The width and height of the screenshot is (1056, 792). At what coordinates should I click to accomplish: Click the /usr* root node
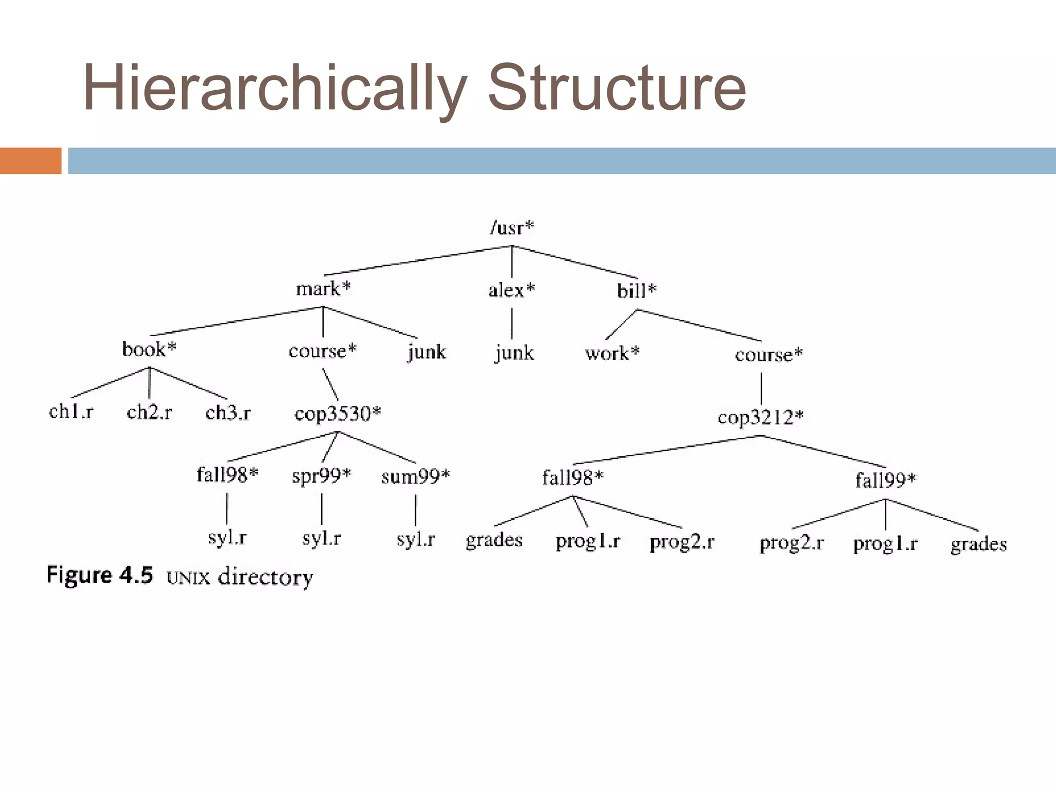coord(512,227)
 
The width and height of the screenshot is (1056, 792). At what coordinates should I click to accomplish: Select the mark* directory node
coord(323,289)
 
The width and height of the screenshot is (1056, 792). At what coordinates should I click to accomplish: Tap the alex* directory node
coord(511,290)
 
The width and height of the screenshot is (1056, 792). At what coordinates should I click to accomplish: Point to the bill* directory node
coord(637,291)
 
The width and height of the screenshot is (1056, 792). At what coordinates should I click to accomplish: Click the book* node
coord(149,350)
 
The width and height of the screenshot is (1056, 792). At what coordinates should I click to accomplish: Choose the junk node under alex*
coord(514,353)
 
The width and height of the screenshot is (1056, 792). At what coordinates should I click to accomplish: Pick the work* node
coord(612,353)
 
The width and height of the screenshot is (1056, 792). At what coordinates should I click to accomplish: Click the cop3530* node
coord(338,414)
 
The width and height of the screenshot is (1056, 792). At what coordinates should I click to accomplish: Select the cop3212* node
coord(761,417)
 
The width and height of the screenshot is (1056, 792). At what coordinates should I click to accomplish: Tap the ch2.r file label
coord(149,412)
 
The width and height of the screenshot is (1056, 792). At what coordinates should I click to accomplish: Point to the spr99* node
coord(321,475)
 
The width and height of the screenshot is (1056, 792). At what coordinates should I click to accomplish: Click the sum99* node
coord(416,476)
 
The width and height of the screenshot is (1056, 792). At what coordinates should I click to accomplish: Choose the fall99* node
coord(885,481)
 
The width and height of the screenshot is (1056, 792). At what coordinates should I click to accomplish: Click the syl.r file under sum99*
coord(416,539)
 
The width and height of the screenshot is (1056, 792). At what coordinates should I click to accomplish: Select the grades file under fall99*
coord(978,544)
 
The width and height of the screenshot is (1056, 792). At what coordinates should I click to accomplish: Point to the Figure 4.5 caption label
coord(100,575)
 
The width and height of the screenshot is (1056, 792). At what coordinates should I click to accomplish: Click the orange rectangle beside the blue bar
coord(30,161)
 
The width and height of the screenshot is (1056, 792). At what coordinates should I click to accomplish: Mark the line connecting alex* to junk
coord(511,323)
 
